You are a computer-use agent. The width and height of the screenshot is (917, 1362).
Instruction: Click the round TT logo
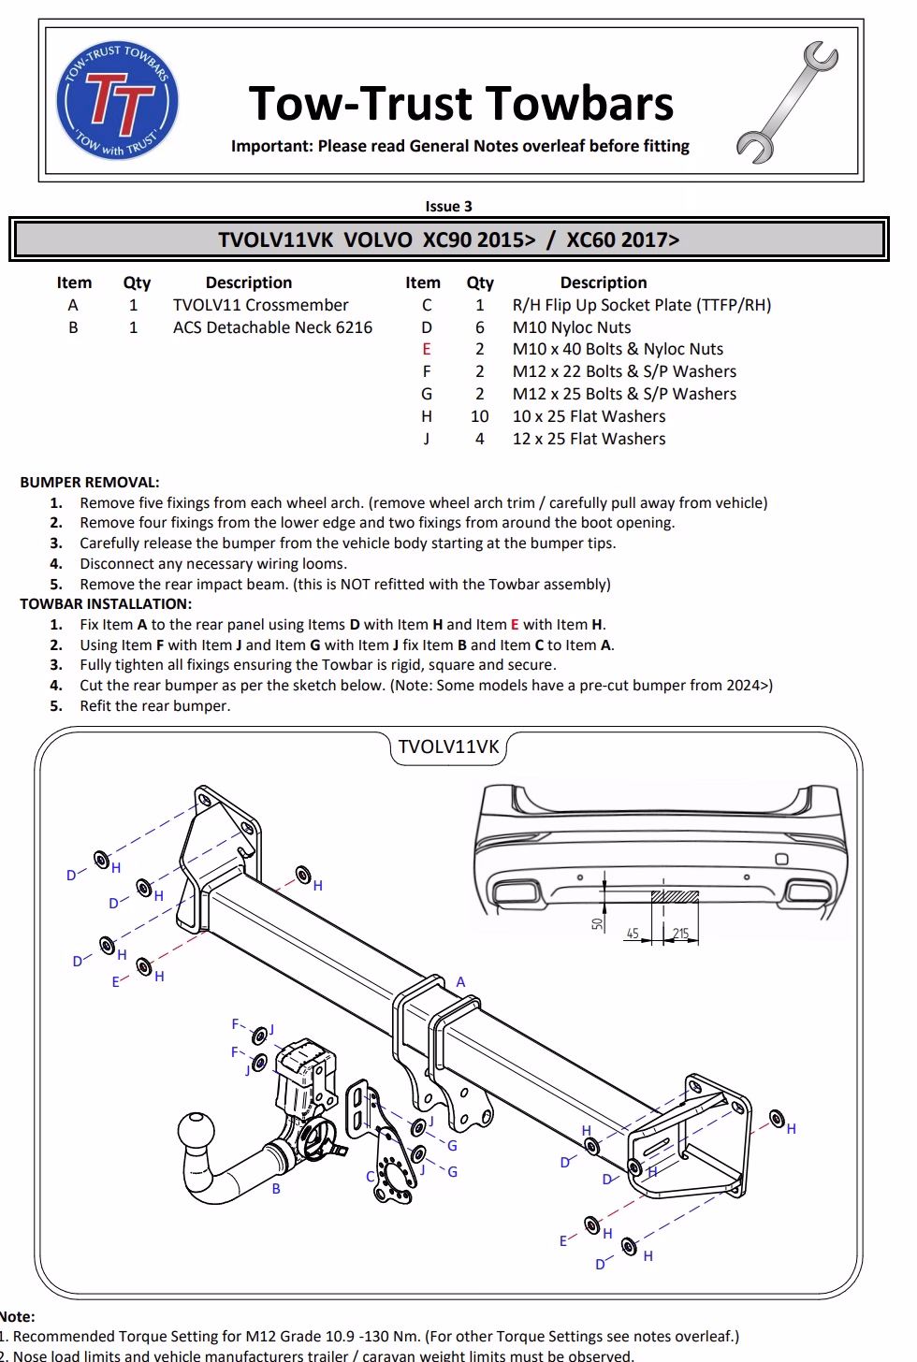(x=117, y=102)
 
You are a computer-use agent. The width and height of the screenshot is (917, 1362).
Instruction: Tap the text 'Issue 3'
(x=448, y=207)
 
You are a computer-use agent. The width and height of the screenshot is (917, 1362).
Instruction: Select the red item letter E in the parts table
(x=427, y=349)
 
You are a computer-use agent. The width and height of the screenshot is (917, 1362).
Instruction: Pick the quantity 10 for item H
(x=479, y=416)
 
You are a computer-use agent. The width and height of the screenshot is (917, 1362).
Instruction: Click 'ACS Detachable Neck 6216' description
(x=272, y=327)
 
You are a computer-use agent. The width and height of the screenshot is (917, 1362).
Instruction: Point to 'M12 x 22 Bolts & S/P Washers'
(x=624, y=371)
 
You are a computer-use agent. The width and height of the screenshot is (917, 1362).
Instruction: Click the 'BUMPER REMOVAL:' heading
(x=90, y=483)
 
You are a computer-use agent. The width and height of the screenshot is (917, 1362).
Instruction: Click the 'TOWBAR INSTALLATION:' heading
(x=106, y=604)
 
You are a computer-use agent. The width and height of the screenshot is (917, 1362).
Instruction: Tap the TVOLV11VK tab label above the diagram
(x=449, y=746)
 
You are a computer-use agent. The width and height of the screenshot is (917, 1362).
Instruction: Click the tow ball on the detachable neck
(x=199, y=1135)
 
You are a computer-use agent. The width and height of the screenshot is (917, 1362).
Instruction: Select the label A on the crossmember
(x=460, y=982)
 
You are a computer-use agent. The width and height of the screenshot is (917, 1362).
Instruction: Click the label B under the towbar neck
(x=276, y=1189)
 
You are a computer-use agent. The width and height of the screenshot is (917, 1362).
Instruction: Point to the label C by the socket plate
(x=371, y=1177)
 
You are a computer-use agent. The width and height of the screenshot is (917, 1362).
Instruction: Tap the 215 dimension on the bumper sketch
(x=680, y=934)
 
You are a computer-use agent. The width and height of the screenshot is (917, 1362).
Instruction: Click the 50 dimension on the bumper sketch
(x=597, y=923)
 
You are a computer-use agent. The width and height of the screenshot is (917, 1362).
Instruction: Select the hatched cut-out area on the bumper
(x=675, y=896)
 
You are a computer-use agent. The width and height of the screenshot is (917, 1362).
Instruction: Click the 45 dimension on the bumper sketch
(x=633, y=934)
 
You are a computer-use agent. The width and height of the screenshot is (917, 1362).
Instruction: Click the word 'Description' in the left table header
(x=249, y=283)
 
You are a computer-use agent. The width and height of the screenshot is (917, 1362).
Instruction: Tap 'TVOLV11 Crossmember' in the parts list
(x=260, y=305)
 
